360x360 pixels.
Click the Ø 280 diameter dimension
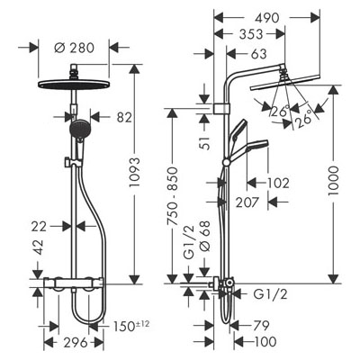pyautogui.click(x=75, y=48)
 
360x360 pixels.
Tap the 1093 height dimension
pyautogui.click(x=135, y=172)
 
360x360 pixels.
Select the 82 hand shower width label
pyautogui.click(x=124, y=117)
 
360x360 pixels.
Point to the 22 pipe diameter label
pyautogui.click(x=39, y=227)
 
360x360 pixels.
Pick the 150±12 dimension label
pyautogui.click(x=131, y=326)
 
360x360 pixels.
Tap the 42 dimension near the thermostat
pyautogui.click(x=38, y=247)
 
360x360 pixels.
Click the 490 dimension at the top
pyautogui.click(x=267, y=18)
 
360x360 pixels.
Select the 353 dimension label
pyautogui.click(x=251, y=34)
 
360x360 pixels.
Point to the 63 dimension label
pyautogui.click(x=258, y=54)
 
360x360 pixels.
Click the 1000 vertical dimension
pyautogui.click(x=333, y=181)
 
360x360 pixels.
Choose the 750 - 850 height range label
pyautogui.click(x=172, y=196)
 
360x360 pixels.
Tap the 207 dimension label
pyautogui.click(x=247, y=202)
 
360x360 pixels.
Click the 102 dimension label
pyautogui.click(x=278, y=183)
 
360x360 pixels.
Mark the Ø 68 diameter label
pyautogui.click(x=204, y=237)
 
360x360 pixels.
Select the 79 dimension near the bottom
pyautogui.click(x=261, y=325)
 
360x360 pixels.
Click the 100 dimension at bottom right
pyautogui.click(x=265, y=341)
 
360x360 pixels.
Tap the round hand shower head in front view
pyautogui.click(x=79, y=129)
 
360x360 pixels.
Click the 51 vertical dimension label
pyautogui.click(x=204, y=142)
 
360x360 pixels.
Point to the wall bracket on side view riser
pyautogui.click(x=221, y=109)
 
